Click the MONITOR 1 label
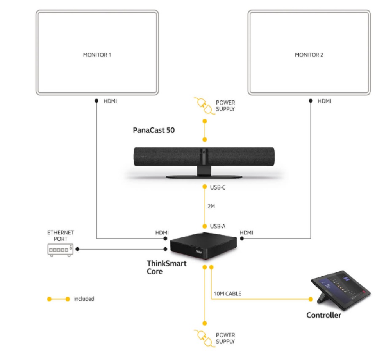(97, 55)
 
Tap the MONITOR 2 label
(309, 55)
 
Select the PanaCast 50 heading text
(154, 130)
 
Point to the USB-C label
(218, 187)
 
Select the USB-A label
(218, 226)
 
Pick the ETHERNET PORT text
(60, 236)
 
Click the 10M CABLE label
(228, 293)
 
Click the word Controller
(324, 315)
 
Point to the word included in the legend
(84, 299)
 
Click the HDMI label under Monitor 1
(111, 101)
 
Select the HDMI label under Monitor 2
(324, 101)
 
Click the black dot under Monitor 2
(311, 101)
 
